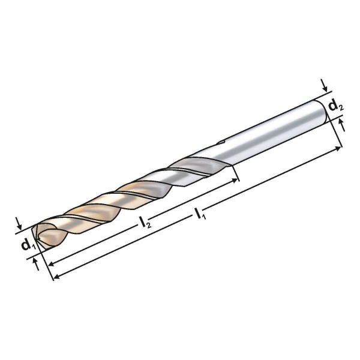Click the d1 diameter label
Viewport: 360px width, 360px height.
pyautogui.click(x=26, y=245)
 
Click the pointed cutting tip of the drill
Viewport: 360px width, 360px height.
pyautogui.click(x=37, y=236)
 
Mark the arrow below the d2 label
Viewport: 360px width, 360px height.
pyautogui.click(x=342, y=124)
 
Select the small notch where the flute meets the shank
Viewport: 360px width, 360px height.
pyautogui.click(x=220, y=143)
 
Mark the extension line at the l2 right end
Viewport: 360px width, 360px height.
pyautogui.click(x=235, y=174)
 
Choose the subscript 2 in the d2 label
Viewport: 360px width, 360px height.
pyautogui.click(x=341, y=108)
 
